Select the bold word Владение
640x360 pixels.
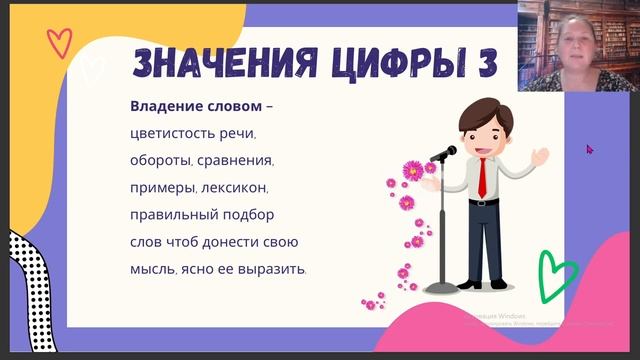click(x=163, y=106)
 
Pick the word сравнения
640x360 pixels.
click(x=236, y=160)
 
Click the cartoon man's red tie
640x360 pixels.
click(x=482, y=178)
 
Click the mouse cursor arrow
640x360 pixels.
click(x=590, y=149)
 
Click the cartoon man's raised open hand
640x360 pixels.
click(x=540, y=156)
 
